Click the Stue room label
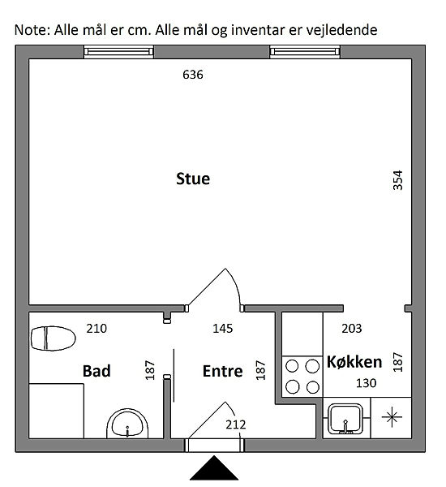click(x=193, y=179)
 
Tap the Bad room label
click(x=96, y=371)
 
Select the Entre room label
click(x=222, y=371)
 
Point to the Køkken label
click(x=354, y=362)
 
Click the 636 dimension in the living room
click(x=193, y=75)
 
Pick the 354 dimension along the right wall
click(x=397, y=180)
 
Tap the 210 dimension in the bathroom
click(x=96, y=328)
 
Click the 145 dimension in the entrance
click(x=222, y=328)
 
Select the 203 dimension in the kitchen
click(x=352, y=328)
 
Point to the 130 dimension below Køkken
click(x=367, y=383)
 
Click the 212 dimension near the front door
click(x=236, y=425)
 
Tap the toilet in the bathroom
click(x=53, y=338)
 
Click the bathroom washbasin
click(x=127, y=424)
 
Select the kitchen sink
click(x=345, y=419)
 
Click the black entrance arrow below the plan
click(x=214, y=468)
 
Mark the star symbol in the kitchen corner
click(x=392, y=417)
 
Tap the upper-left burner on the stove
click(x=292, y=366)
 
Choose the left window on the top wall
click(x=118, y=52)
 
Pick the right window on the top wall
click(x=305, y=52)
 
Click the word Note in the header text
click(x=32, y=30)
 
